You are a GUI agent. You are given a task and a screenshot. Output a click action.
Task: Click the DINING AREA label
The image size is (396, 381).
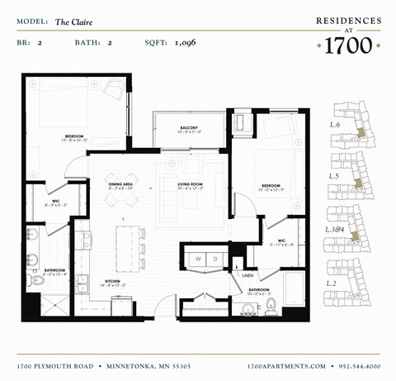pyautogui.click(x=120, y=184)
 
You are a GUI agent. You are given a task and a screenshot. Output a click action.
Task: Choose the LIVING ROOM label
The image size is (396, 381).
pyautogui.click(x=190, y=184)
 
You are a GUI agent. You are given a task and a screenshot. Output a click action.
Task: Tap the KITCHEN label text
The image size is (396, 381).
pyautogui.click(x=112, y=281)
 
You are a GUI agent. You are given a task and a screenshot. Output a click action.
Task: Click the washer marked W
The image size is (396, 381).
pyautogui.click(x=199, y=259)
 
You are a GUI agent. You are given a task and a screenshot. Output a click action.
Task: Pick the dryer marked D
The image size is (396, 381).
pyautogui.click(x=216, y=259)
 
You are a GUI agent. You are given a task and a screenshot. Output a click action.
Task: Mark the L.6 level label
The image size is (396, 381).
pyautogui.click(x=335, y=124)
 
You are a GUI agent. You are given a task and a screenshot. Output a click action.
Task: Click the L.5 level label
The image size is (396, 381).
pyautogui.click(x=334, y=176)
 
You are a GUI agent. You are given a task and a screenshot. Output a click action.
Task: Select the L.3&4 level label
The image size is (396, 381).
pyautogui.click(x=336, y=229)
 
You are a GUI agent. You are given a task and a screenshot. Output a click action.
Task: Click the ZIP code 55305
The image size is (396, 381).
pyautogui.click(x=203, y=364)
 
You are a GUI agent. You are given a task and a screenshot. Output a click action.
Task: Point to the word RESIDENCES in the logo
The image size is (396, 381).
pyautogui.click(x=349, y=20)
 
